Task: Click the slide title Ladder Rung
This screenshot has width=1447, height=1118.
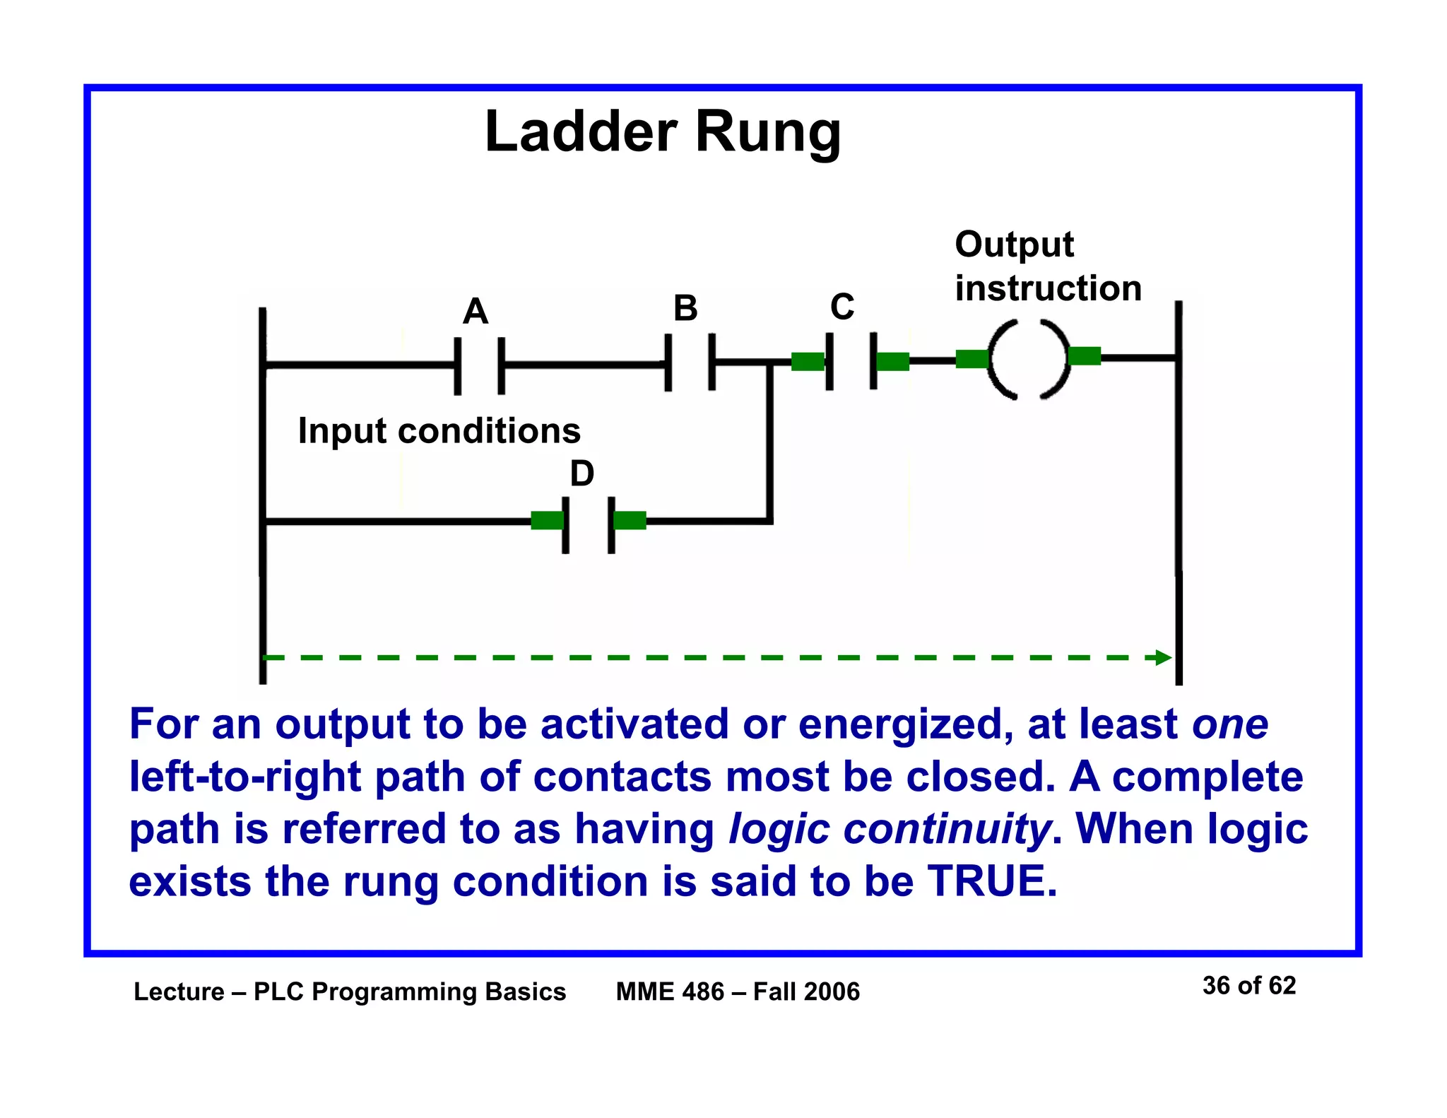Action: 663,132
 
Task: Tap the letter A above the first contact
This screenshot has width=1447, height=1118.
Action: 476,311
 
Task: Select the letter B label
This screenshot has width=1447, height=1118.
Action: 685,308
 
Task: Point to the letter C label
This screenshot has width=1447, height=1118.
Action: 842,307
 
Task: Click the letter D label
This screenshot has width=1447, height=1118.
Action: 581,473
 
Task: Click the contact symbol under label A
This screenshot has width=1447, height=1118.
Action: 480,365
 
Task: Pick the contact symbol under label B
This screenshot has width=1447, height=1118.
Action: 690,363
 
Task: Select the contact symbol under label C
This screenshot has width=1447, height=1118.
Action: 851,361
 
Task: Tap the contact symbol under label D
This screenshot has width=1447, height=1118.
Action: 589,524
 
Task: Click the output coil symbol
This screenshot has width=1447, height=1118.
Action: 1028,359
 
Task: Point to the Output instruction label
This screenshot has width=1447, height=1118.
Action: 1048,266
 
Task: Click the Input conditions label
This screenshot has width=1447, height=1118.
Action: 439,430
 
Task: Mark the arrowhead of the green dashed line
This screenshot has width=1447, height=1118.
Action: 1163,658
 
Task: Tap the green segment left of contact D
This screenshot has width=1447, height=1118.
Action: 547,521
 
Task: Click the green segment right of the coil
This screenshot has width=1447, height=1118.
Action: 1085,356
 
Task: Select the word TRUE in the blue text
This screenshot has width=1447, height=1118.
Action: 992,881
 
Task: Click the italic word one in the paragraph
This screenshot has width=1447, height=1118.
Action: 1230,724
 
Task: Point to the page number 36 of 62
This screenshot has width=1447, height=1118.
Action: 1248,985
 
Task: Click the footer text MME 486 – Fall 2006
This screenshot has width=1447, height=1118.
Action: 738,992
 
